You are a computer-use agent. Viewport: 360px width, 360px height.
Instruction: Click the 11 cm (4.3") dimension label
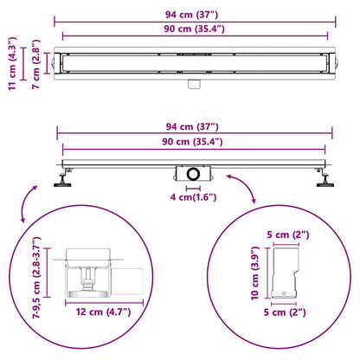pos(13,64)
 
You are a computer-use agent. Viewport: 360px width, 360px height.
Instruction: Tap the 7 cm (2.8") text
pos(35,64)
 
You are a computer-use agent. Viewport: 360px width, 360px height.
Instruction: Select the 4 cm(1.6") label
pos(193,197)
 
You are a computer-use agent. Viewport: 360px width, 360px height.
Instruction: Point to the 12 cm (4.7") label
pos(103,312)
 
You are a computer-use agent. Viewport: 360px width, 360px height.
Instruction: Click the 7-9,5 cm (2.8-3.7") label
pos(36,278)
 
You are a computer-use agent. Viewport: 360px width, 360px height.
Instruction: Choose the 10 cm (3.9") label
pos(255,273)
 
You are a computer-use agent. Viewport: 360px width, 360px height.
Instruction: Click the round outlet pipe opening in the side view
pos(193,174)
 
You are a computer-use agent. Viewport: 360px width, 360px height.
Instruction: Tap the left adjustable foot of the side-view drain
pos(64,178)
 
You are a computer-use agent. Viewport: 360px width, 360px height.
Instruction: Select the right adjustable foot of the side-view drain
pos(325,178)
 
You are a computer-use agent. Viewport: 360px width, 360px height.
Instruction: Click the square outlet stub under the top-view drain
pos(195,84)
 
